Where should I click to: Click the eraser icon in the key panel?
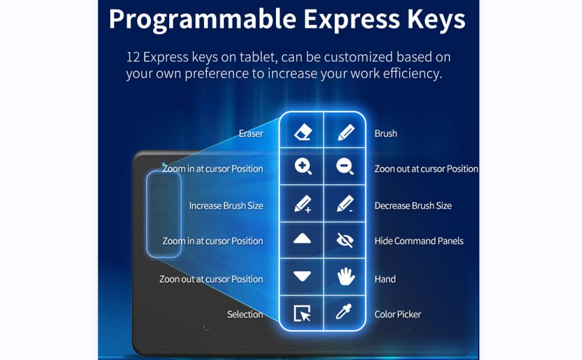[x=303, y=132]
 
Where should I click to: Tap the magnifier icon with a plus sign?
[x=303, y=166]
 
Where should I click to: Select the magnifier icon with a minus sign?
[x=345, y=166]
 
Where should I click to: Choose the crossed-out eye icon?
[x=345, y=240]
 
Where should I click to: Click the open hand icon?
[x=346, y=277]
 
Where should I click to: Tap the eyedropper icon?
[x=343, y=312]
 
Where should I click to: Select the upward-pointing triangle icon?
[x=302, y=238]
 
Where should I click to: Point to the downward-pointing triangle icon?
[x=302, y=276]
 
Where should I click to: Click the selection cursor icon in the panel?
[x=302, y=313]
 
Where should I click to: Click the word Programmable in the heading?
[x=203, y=20]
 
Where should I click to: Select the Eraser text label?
[x=251, y=134]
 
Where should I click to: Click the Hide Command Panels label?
[x=419, y=241]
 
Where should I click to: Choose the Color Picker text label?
[x=398, y=314]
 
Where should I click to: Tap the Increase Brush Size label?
[x=226, y=206]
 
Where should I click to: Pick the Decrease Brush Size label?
[x=413, y=206]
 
